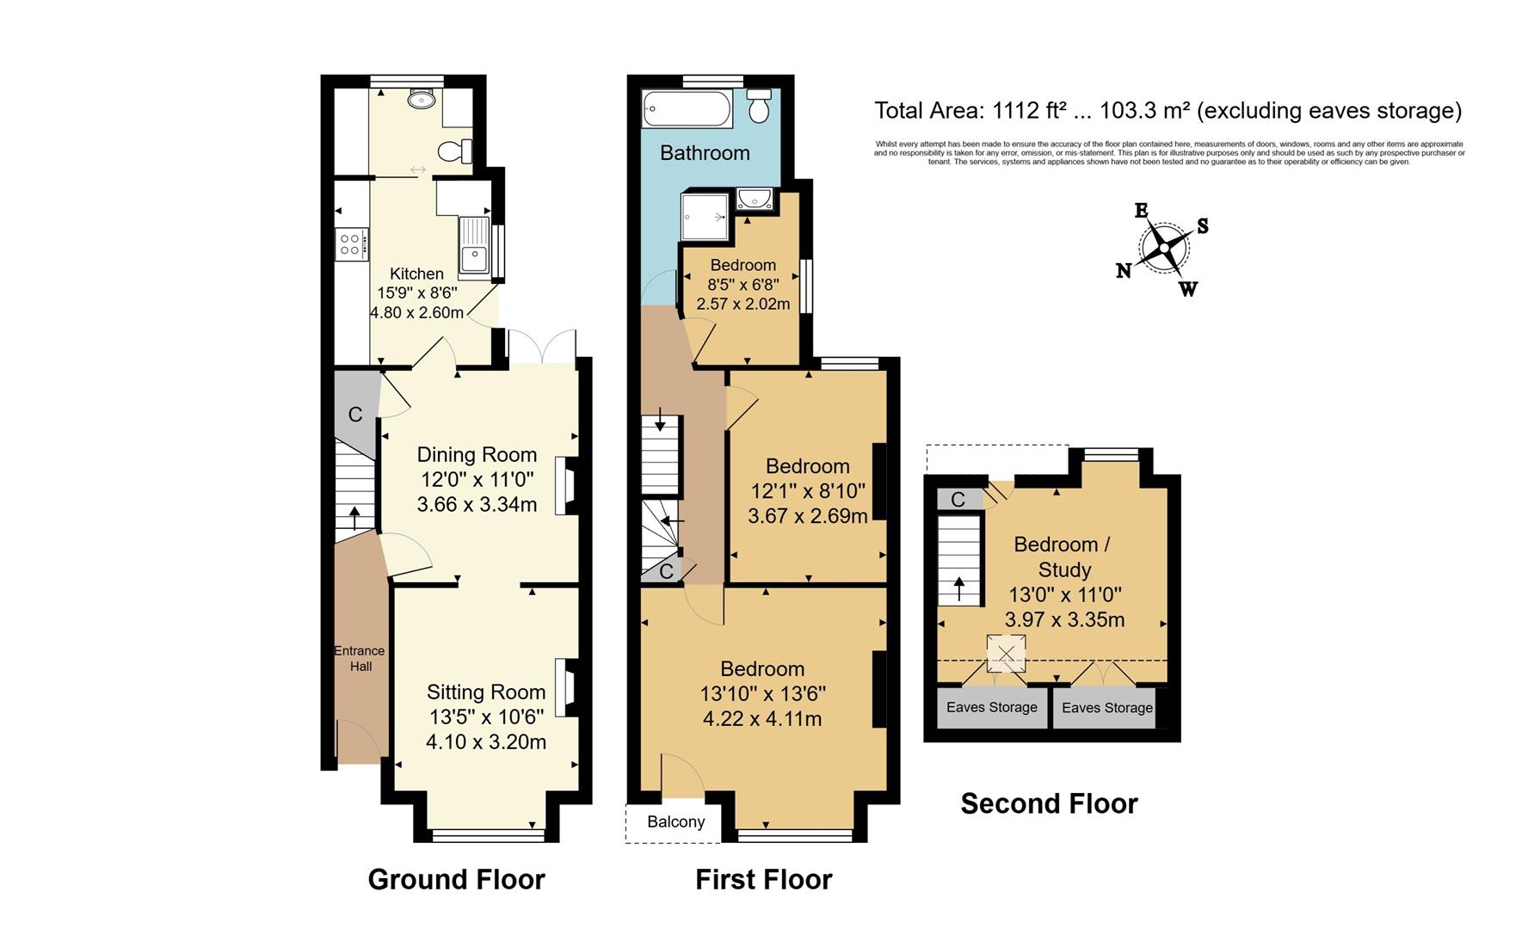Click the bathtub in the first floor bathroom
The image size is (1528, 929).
coord(687,109)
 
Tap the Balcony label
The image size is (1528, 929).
coord(675,821)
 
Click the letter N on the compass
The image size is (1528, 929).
coord(1124,271)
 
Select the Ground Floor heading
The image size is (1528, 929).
coord(456,879)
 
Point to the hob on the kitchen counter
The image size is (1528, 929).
coord(350,243)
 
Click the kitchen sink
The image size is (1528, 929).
coord(473,255)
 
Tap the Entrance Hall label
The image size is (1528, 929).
coord(360,658)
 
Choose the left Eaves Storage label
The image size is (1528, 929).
coord(991,707)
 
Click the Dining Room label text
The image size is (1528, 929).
coord(477,454)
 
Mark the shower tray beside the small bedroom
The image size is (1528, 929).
coord(705,215)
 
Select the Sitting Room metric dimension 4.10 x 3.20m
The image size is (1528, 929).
coord(485,741)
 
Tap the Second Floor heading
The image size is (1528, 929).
coord(1049,803)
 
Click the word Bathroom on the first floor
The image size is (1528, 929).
coord(705,153)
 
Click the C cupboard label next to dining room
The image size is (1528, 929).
coord(354,415)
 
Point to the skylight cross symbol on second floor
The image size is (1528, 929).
coord(1007,654)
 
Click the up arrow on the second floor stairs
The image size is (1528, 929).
coord(959,590)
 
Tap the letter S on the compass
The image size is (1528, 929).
coord(1203,226)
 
